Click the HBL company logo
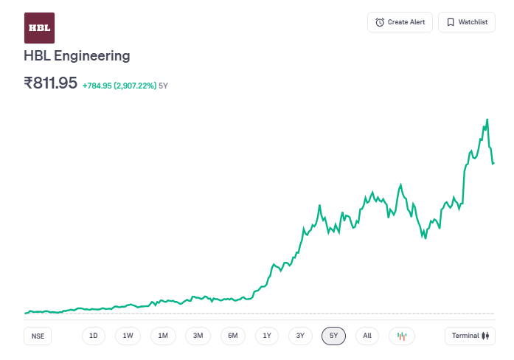[x=39, y=28]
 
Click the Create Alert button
[x=400, y=22]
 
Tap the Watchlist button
[x=467, y=22]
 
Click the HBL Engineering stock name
[x=77, y=55]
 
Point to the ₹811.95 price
[x=51, y=83]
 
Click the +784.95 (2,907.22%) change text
[x=119, y=86]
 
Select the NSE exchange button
[x=38, y=336]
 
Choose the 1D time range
[x=94, y=336]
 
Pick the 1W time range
[x=128, y=336]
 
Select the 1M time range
[x=163, y=336]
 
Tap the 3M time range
[x=198, y=336]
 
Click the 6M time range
[x=232, y=336]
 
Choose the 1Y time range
[x=267, y=336]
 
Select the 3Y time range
[x=300, y=336]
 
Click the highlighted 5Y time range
[x=333, y=336]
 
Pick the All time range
[x=367, y=336]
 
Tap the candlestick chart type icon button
[x=402, y=336]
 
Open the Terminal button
[x=470, y=336]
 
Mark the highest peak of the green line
[x=487, y=119]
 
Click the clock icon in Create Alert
[x=380, y=22]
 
